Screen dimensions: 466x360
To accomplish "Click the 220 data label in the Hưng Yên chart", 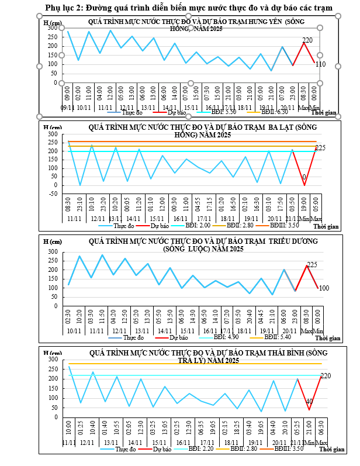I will pyautogui.click(x=308, y=40).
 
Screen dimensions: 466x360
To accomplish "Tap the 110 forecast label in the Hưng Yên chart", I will pyautogui.click(x=320, y=64).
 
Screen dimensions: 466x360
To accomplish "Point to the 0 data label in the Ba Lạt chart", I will pyautogui.click(x=304, y=177).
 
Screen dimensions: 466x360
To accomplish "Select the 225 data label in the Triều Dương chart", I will pyautogui.click(x=311, y=265).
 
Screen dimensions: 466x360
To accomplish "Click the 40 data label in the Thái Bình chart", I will pyautogui.click(x=309, y=402).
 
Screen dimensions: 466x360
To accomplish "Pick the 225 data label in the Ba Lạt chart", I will pyautogui.click(x=320, y=148).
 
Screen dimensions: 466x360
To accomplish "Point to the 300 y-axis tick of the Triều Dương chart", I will pyautogui.click(x=52, y=252).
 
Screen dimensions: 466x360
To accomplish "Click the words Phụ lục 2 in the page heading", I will pyautogui.click(x=64, y=8).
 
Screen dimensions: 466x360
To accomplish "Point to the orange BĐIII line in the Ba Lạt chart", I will pyautogui.click(x=175, y=141).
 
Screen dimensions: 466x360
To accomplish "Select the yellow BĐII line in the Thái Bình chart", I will pyautogui.click(x=175, y=364).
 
